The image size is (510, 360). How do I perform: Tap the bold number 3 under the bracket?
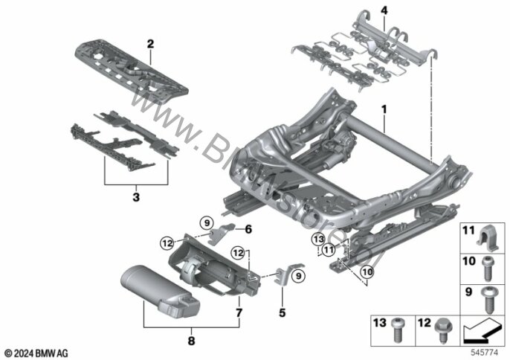[135, 197]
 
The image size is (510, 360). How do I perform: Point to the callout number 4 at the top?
[384, 10]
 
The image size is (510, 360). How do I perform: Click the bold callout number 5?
[283, 313]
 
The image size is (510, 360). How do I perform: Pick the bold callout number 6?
[248, 229]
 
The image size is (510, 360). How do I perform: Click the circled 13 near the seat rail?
[319, 239]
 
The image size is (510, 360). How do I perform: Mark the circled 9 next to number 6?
[208, 221]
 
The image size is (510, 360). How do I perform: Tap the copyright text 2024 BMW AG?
[36, 351]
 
